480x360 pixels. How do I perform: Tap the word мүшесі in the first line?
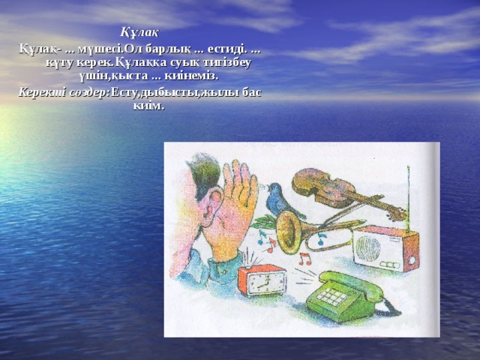click(99, 48)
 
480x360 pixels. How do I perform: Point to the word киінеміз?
click(197, 76)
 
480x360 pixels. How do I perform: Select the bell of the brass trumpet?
click(288, 232)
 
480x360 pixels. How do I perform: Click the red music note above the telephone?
click(305, 259)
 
